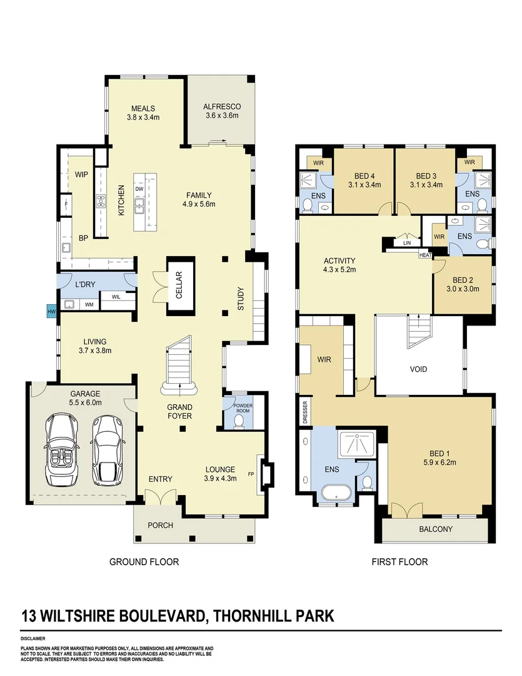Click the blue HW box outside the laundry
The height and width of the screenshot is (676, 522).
coord(51,310)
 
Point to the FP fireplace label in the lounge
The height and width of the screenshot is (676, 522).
coord(251,474)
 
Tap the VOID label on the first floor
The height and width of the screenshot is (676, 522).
coord(418,369)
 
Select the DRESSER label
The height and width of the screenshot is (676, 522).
coord(305,412)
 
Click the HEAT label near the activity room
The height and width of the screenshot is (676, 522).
coord(425,255)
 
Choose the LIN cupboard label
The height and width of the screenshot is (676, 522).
coord(407,243)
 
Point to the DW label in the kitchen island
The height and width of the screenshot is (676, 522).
coord(139,189)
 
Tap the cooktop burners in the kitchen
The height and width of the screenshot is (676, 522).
coord(100,202)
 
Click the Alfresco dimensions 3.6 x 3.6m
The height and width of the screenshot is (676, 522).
coord(222,115)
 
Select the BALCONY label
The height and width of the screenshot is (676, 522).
coord(436,529)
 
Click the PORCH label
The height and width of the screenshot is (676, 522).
coord(160,525)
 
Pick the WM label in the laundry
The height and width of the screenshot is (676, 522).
coord(89,305)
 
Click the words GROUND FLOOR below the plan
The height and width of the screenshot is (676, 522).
coord(144,561)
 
